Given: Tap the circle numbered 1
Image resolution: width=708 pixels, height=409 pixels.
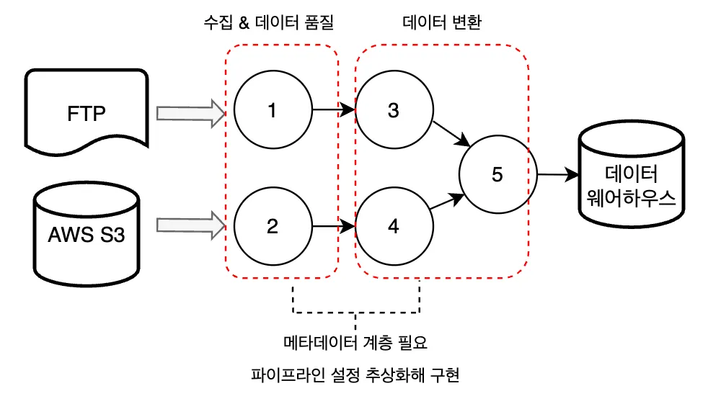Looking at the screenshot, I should coord(272,111).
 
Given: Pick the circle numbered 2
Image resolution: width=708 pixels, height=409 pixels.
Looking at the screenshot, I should coord(272,227).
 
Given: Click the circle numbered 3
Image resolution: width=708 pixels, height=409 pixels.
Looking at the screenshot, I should coord(393,111).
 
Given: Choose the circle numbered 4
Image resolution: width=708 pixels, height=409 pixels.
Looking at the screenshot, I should coord(393,227).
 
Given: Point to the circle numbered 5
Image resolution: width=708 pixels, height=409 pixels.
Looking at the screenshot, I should coord(496,174).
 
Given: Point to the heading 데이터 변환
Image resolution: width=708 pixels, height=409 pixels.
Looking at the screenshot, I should coord(441,23).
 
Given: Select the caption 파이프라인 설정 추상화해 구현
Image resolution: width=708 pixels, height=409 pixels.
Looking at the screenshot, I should coord(355,375).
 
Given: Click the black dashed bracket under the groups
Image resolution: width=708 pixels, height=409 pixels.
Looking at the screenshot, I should coord(356,313).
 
